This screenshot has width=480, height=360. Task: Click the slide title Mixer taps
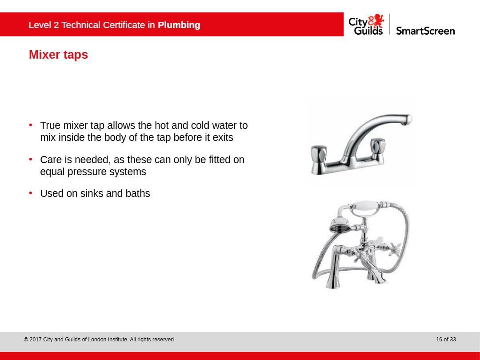(59, 55)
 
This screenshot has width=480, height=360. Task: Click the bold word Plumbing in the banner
(179, 25)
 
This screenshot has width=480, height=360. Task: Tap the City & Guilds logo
(366, 24)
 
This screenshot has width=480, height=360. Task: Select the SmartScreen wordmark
(425, 31)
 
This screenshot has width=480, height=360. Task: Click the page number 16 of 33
(446, 339)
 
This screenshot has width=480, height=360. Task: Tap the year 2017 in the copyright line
(36, 339)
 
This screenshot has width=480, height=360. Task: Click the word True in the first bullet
(50, 125)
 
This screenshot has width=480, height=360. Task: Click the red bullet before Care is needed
(31, 159)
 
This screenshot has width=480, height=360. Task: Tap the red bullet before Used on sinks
(31, 193)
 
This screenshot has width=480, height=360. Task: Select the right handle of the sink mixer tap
(378, 145)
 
